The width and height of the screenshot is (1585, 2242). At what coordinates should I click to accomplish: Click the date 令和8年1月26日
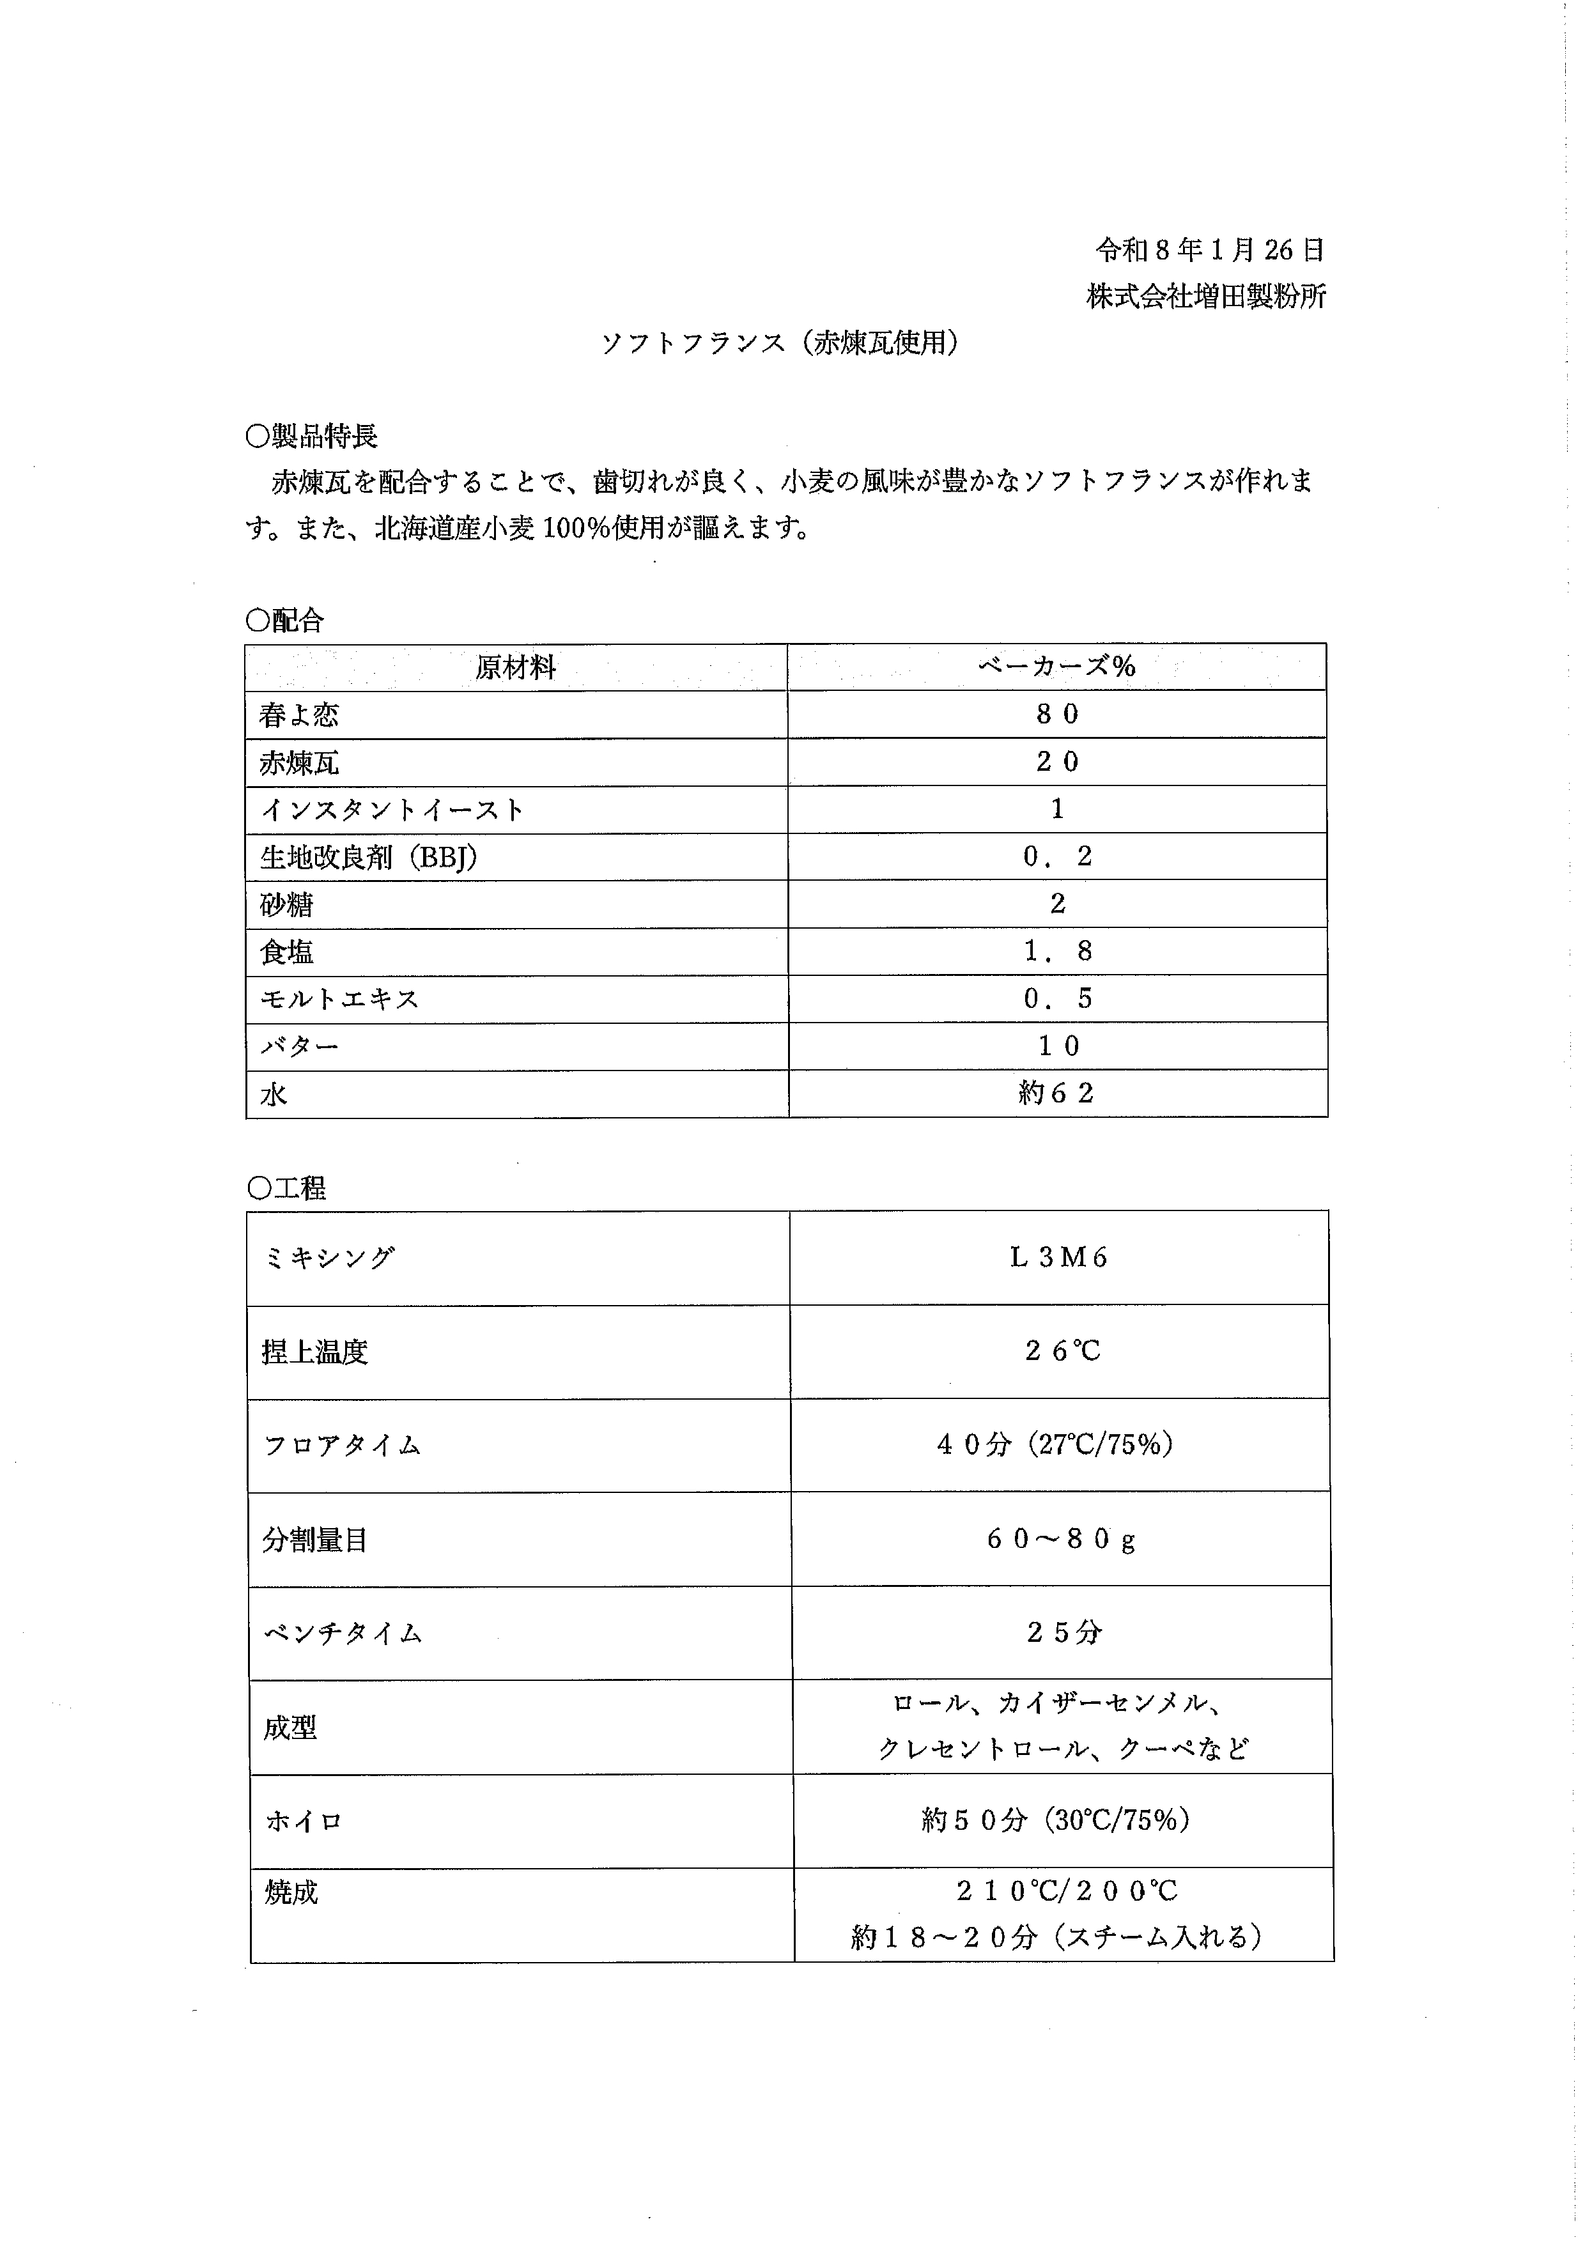[x=1209, y=251]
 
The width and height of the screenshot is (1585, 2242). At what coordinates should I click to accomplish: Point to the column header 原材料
[x=516, y=668]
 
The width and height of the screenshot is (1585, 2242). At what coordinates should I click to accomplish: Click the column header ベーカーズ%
[x=1056, y=667]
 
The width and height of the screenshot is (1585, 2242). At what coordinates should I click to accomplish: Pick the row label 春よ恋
[x=299, y=716]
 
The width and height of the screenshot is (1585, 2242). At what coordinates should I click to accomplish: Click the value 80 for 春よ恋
[x=1056, y=715]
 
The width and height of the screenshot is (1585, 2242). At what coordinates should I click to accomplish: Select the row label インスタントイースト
[x=392, y=810]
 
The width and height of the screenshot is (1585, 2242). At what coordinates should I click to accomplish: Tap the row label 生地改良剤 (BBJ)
[x=368, y=857]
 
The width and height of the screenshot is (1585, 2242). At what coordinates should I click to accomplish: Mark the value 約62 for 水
[x=1056, y=1094]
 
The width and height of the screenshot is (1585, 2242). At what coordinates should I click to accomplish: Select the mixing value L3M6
[x=1058, y=1258]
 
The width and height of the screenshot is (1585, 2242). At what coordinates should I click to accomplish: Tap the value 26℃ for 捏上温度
[x=1062, y=1352]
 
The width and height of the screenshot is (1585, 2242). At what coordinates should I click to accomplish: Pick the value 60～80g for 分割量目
[x=1060, y=1540]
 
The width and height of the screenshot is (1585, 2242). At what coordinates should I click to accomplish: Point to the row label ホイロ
[x=303, y=1821]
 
